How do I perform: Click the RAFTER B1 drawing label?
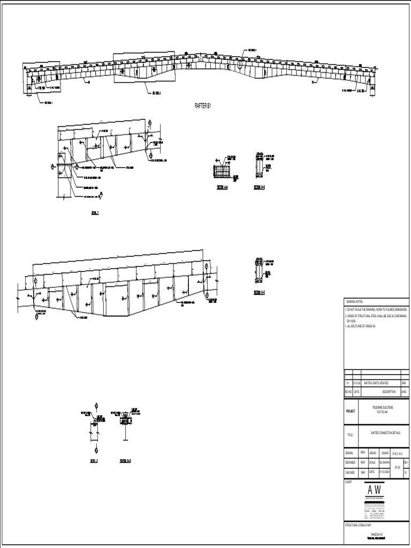[203, 106]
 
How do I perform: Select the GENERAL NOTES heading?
[354, 302]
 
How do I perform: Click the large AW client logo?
[375, 490]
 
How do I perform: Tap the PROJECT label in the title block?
[351, 412]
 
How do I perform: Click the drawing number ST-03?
[397, 467]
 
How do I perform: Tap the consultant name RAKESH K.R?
[377, 534]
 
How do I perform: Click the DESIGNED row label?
[351, 462]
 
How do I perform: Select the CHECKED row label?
[351, 472]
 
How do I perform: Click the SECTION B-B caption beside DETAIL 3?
[125, 460]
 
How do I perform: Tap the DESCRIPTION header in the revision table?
[389, 391]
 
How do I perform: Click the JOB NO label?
[373, 452]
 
